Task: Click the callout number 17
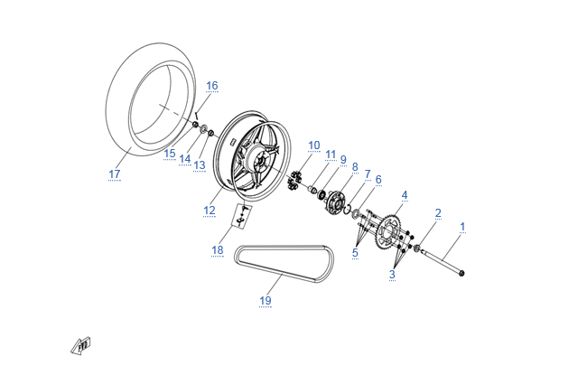tap(115, 174)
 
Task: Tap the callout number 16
tap(212, 86)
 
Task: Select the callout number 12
tap(210, 211)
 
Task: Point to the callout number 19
tap(265, 300)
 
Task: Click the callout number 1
tap(462, 227)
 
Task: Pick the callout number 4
tap(405, 195)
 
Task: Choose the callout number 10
tap(314, 145)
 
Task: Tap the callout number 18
tap(218, 250)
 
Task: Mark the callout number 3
tap(392, 274)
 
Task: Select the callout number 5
tap(355, 253)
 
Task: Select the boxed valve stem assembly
tap(242, 216)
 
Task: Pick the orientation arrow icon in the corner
tap(81, 345)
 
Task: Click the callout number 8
tap(355, 167)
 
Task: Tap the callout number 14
tap(184, 159)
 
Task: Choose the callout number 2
tap(438, 213)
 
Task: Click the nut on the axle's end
tap(461, 273)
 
